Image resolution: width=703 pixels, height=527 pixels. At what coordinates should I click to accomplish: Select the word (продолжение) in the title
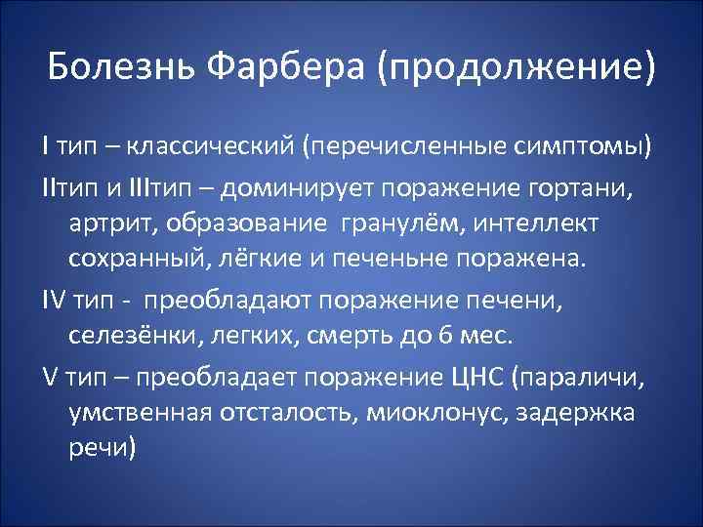coord(518,68)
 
